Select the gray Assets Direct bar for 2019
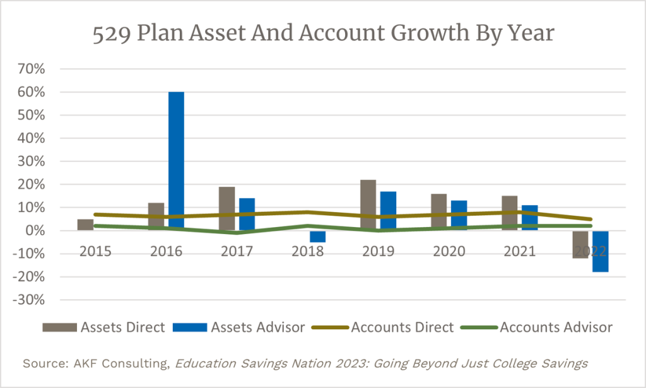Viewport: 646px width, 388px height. tap(368, 205)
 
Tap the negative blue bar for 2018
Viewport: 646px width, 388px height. tap(318, 237)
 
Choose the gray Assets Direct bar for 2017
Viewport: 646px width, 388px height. tap(226, 208)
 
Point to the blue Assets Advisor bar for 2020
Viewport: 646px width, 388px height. tap(459, 215)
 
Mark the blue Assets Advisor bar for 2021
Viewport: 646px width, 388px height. tap(529, 218)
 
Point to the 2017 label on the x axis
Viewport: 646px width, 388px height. tap(237, 251)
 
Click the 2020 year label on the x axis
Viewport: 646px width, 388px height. tap(449, 251)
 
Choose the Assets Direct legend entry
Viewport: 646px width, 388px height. tap(103, 327)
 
